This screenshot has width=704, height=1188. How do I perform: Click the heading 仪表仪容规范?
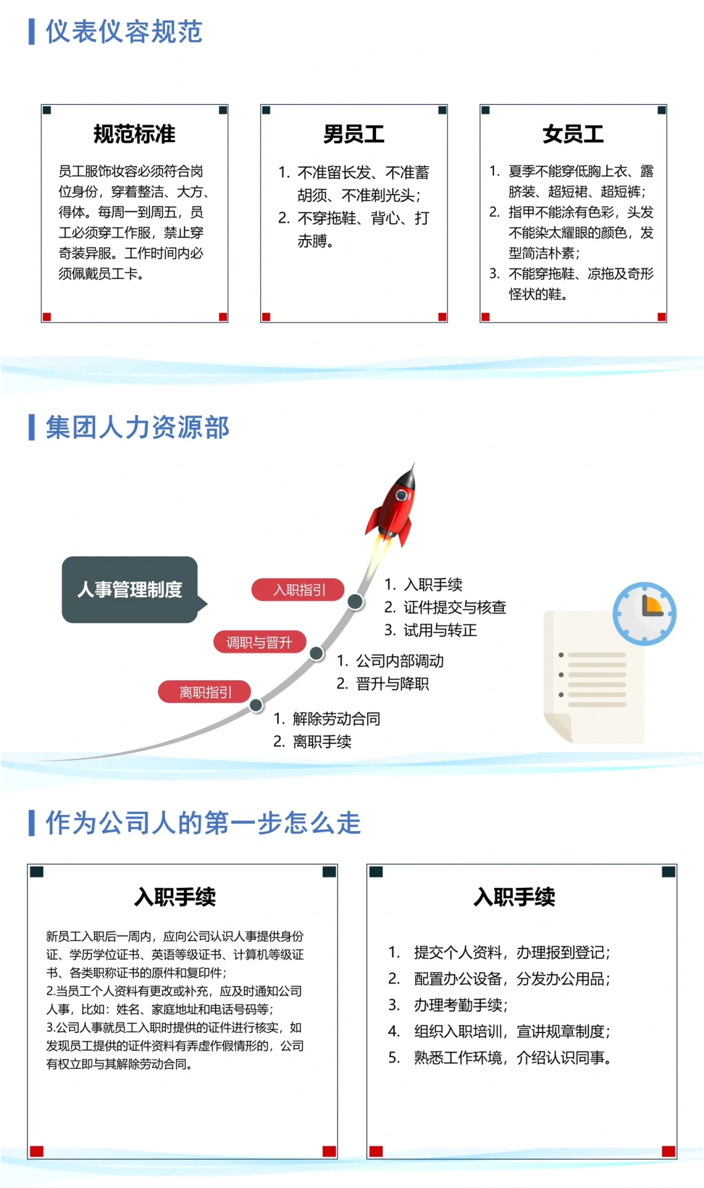(x=124, y=32)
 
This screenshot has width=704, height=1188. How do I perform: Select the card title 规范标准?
(x=134, y=134)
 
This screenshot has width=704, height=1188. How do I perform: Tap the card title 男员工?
(x=354, y=134)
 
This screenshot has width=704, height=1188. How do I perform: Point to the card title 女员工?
(x=573, y=134)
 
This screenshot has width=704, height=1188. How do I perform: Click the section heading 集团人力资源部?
(x=137, y=428)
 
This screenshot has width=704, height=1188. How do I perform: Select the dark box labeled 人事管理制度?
(x=130, y=589)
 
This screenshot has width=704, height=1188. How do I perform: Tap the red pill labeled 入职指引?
(x=299, y=590)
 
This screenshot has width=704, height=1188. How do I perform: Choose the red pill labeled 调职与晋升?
(x=259, y=642)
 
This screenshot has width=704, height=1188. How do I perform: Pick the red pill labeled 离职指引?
(x=205, y=692)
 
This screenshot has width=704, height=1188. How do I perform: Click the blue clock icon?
(x=644, y=614)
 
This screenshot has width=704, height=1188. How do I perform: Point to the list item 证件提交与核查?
(x=454, y=608)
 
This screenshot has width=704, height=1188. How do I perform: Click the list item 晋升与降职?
(x=392, y=684)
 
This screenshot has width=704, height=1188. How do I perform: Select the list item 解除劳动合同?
(x=336, y=719)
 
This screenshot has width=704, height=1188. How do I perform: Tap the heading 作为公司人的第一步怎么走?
(x=203, y=823)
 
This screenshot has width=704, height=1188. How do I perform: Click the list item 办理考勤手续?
(x=460, y=1005)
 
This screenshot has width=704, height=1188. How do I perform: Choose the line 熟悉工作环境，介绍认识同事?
(x=512, y=1058)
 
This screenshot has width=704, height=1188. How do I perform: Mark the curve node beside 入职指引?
(x=355, y=601)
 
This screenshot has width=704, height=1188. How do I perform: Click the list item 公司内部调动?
(x=400, y=661)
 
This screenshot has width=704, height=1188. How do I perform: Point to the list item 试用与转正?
(x=440, y=630)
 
